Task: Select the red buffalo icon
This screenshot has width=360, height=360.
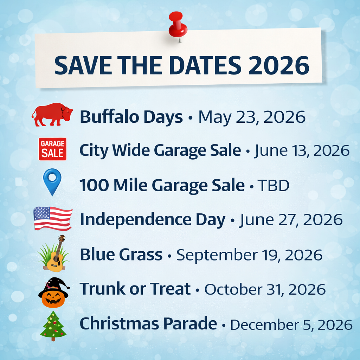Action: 52,115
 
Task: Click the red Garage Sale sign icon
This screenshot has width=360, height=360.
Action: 52,149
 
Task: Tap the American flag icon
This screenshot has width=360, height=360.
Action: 53,218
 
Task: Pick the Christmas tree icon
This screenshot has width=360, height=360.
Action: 53,326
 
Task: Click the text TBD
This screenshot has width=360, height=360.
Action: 274,185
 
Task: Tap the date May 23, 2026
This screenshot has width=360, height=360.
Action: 252,117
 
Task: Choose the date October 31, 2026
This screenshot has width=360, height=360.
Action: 265,289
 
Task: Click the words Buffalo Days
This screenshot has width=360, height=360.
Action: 131,117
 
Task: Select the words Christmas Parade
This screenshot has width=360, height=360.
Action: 148,324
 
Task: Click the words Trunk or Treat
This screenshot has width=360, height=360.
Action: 135,289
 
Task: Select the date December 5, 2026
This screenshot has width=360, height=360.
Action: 291,324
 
